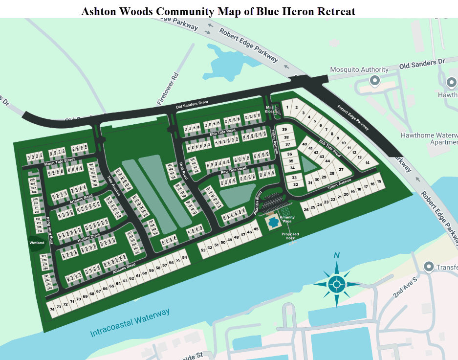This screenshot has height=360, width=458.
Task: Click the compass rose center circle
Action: pos(336,283)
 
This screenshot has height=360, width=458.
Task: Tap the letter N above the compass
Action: pos(336,255)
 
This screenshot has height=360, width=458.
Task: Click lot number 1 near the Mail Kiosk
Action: pos(288,107)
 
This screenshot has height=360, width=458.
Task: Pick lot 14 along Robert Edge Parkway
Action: pos(367,162)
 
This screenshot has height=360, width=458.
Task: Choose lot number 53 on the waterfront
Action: pos(203,249)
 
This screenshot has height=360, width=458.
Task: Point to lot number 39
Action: pos(284,129)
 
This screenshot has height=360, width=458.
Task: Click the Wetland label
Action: pos(37,243)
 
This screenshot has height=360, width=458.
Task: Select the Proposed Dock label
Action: pos(290,236)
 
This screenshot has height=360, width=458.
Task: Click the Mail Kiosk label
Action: pos(270,109)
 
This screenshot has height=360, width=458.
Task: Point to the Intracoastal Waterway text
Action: pos(130,323)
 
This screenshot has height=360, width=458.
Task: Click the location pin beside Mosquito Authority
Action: pos(375,81)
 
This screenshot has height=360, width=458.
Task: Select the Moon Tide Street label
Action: pos(59,161)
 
